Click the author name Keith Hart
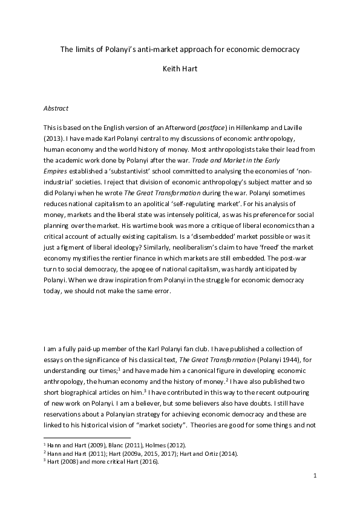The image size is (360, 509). point(180,69)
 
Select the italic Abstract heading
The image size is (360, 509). point(56,108)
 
